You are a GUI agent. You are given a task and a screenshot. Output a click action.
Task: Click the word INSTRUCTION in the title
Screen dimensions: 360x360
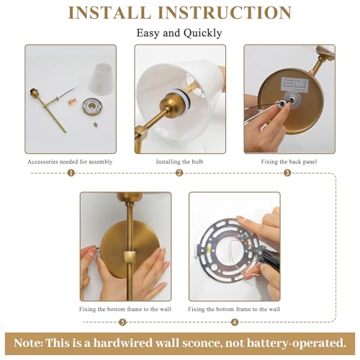(230, 12)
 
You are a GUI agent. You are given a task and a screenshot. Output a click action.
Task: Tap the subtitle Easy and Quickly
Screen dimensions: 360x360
(179, 33)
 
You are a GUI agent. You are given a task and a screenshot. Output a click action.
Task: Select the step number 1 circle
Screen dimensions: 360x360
(71, 173)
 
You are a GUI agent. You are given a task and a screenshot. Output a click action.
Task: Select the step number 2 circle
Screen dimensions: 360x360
(179, 173)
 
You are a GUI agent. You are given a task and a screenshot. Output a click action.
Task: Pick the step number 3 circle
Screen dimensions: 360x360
(287, 173)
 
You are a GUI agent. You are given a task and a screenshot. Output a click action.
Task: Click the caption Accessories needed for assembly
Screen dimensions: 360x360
(70, 162)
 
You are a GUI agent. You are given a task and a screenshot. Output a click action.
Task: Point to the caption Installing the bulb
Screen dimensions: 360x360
(179, 162)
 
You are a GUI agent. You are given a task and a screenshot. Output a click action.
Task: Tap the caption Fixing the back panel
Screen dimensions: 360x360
(288, 162)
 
